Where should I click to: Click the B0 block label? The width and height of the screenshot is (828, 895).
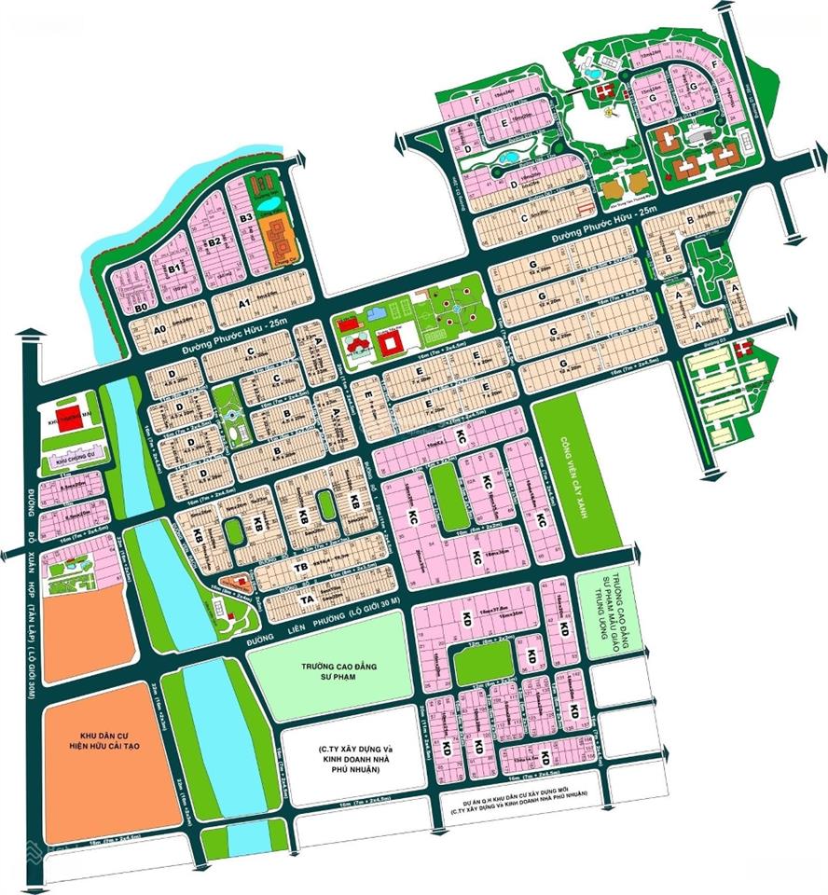[142, 307]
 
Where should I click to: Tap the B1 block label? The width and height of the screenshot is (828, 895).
[173, 268]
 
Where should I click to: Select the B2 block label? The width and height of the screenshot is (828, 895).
[214, 242]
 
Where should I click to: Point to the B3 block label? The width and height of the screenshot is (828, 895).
[246, 218]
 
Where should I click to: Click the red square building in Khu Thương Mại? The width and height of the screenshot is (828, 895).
[68, 417]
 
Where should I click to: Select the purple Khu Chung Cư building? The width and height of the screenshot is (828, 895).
[71, 457]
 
